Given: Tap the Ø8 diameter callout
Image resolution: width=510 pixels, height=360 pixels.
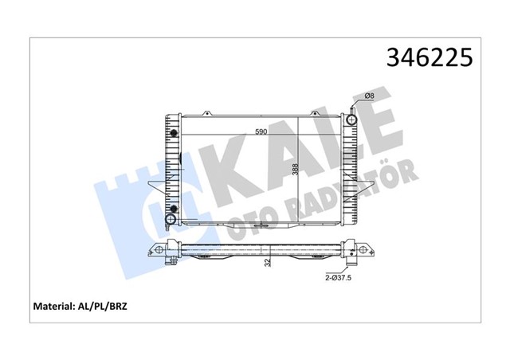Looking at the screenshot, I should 369,97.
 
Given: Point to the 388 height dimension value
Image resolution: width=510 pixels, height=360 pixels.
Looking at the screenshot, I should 295,170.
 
